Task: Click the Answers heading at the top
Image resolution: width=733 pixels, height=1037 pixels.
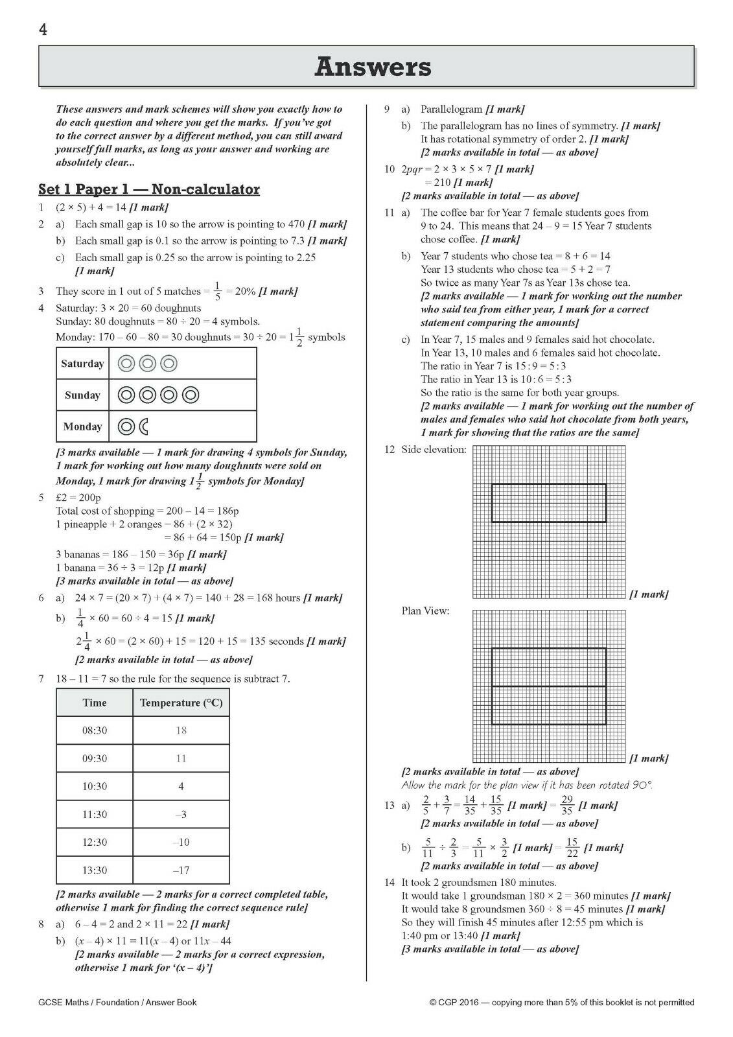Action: tap(373, 67)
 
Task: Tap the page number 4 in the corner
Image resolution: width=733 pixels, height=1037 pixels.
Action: tap(43, 30)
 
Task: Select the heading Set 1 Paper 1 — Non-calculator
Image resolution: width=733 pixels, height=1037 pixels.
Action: tap(149, 189)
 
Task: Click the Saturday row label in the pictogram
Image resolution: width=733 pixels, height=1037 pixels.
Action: tap(82, 364)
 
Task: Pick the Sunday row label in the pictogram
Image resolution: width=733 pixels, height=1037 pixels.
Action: tap(82, 395)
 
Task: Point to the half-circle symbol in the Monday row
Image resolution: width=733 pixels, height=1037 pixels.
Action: tap(144, 426)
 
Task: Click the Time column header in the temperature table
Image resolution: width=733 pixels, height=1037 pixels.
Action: tap(95, 703)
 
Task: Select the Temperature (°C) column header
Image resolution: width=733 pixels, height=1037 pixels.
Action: tap(181, 703)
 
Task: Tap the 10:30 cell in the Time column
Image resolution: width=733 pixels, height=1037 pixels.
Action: tap(95, 786)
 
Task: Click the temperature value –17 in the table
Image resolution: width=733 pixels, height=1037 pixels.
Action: tap(181, 870)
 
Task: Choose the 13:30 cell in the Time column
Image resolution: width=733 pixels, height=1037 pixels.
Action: tap(95, 870)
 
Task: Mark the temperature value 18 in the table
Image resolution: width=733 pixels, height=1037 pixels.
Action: tap(181, 730)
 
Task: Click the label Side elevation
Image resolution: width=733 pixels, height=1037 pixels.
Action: tap(434, 449)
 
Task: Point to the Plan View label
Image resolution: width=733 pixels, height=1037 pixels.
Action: tap(425, 611)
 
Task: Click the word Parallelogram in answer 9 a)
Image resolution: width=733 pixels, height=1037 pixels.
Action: tap(452, 110)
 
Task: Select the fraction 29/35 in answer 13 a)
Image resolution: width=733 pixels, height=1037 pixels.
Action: tap(567, 806)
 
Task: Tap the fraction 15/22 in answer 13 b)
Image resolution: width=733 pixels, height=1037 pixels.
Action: tap(572, 848)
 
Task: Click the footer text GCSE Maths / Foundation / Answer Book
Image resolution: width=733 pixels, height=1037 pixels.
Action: tap(117, 1002)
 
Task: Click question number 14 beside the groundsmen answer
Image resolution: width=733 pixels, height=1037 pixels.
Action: tap(390, 882)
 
